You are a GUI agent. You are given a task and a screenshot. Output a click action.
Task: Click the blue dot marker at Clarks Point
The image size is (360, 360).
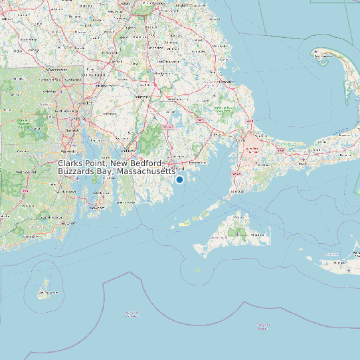click(179, 179)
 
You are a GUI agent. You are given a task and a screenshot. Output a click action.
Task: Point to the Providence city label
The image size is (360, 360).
click(84, 104)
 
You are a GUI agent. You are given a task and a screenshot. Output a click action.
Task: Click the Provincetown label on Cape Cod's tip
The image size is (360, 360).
click(323, 56)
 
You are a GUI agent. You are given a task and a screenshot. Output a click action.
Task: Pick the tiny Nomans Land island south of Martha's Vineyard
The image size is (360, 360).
click(197, 270)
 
